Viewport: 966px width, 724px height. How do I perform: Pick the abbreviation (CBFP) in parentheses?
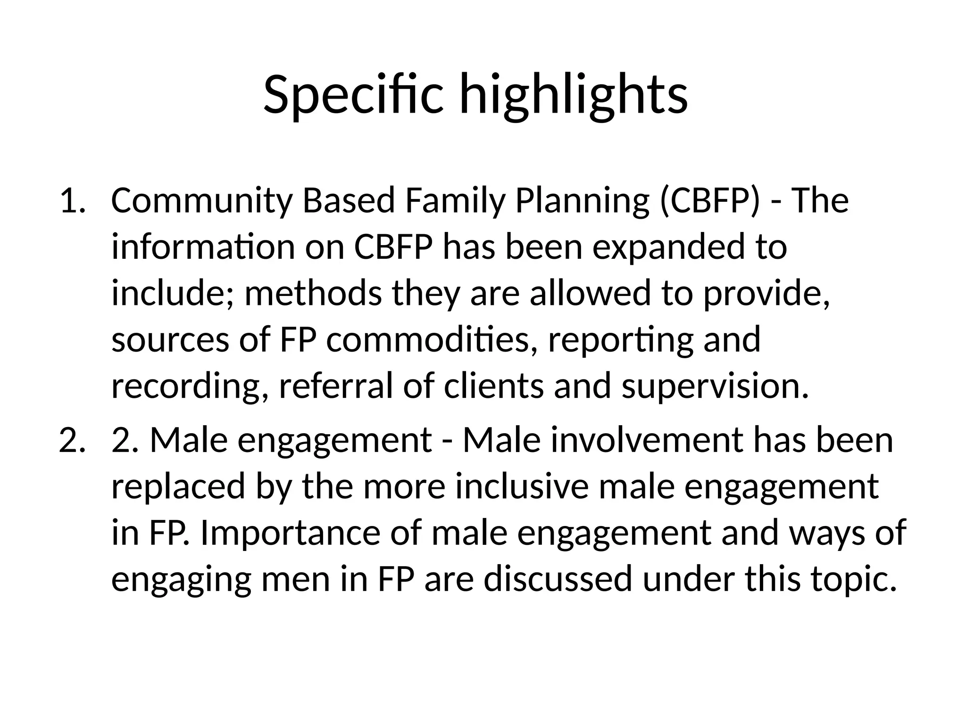click(x=710, y=200)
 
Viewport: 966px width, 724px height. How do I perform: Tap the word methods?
click(x=313, y=293)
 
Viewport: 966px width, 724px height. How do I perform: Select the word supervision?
click(x=715, y=385)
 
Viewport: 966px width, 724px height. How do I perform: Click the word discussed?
click(x=558, y=578)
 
